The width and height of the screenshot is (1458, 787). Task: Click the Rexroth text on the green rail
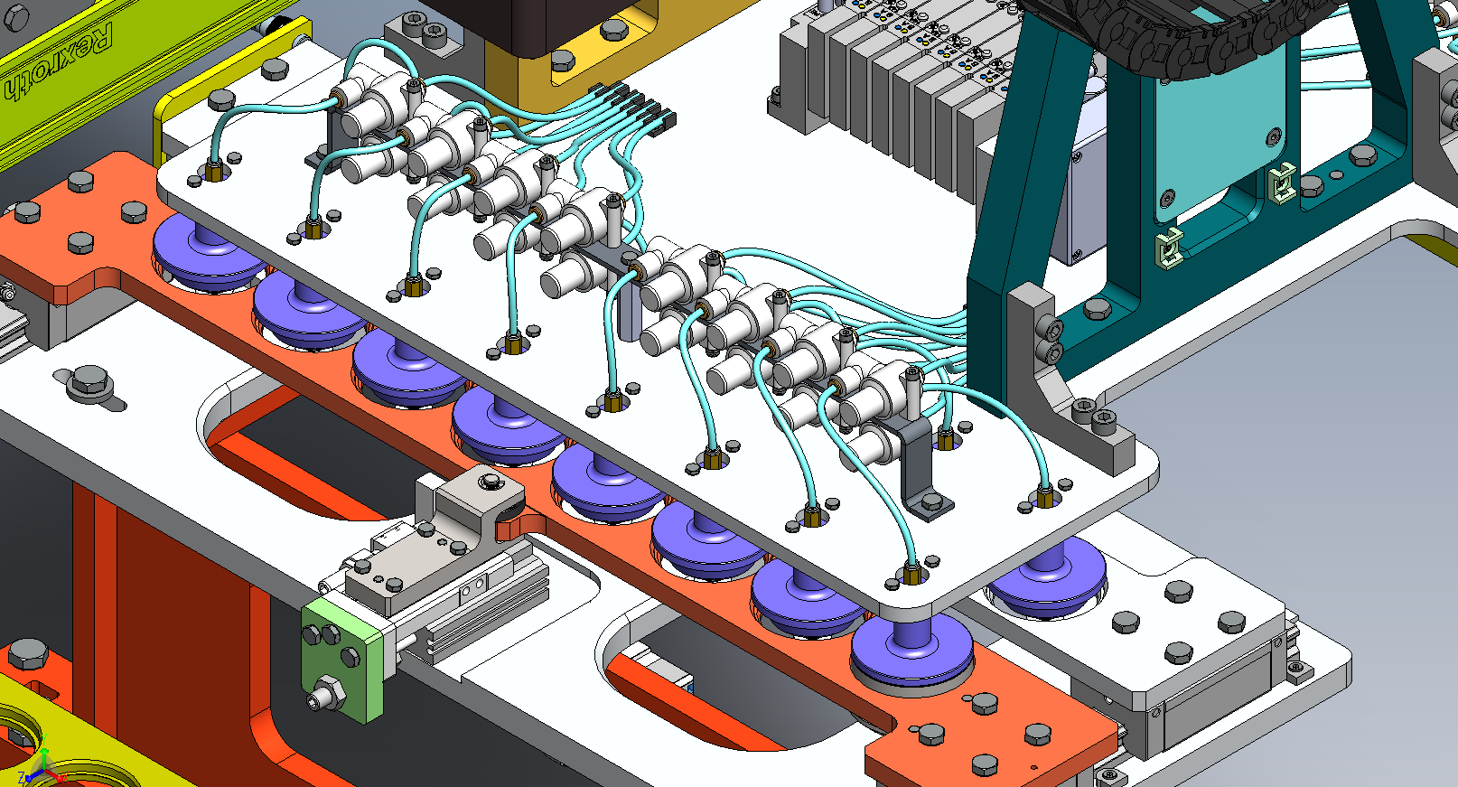(60, 61)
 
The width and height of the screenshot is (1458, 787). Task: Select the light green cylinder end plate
(341, 661)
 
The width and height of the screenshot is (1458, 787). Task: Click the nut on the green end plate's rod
(325, 695)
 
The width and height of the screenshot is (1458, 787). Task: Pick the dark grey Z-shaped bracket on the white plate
(921, 466)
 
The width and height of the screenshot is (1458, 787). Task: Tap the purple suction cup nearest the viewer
(911, 651)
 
